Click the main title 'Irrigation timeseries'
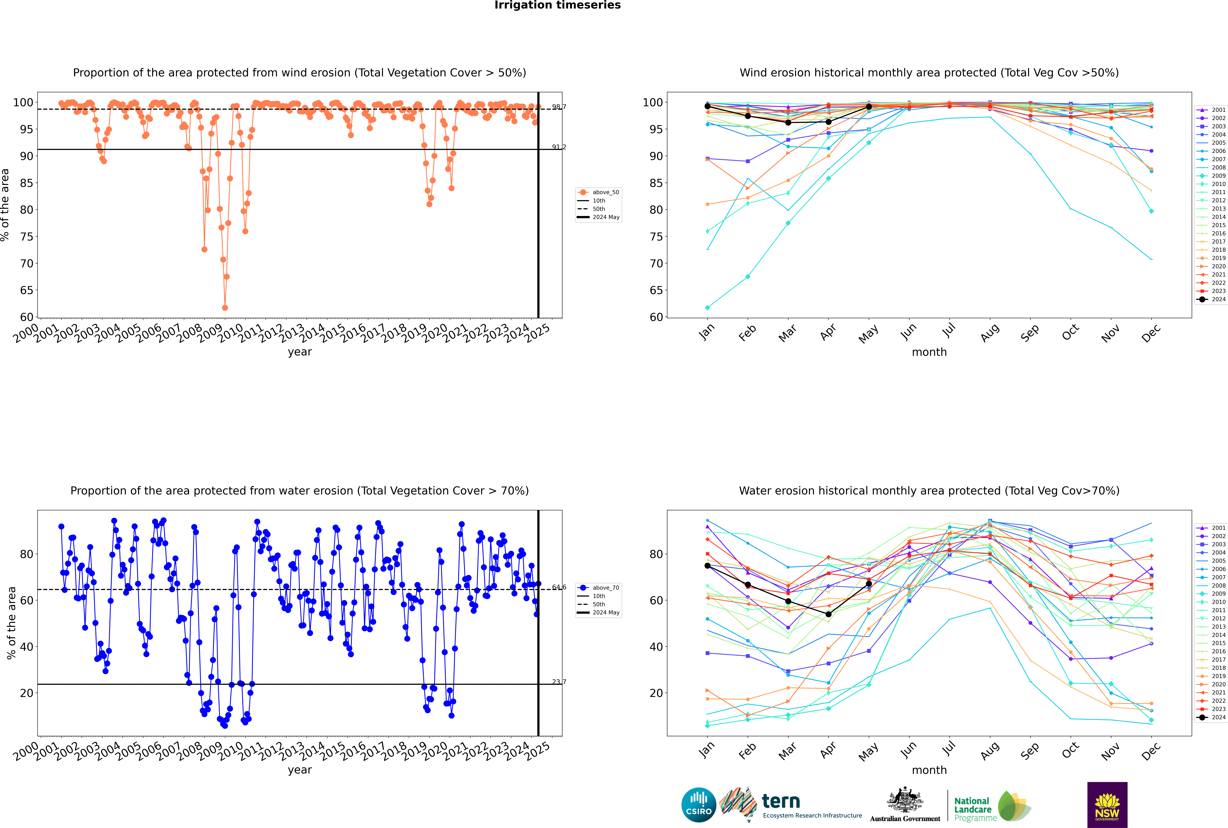(557, 5)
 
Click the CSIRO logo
(698, 805)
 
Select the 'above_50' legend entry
(605, 192)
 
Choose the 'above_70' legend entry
(605, 588)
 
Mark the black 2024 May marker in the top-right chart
(868, 107)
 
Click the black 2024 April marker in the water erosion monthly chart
(828, 614)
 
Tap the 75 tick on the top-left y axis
(26, 237)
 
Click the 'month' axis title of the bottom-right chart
(929, 770)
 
